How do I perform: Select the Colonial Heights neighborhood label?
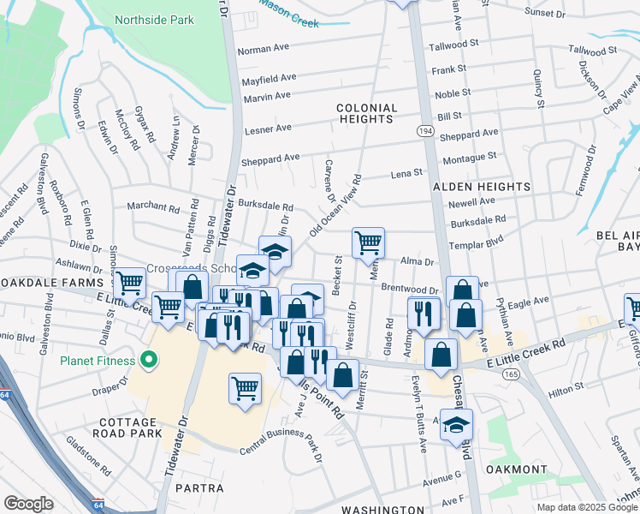[x=367, y=114]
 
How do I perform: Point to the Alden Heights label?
[x=481, y=186]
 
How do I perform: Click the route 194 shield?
[x=425, y=128]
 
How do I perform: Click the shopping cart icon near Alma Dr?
[x=368, y=242]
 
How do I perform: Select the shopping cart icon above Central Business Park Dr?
[x=245, y=388]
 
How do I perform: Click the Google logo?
[x=28, y=504]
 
